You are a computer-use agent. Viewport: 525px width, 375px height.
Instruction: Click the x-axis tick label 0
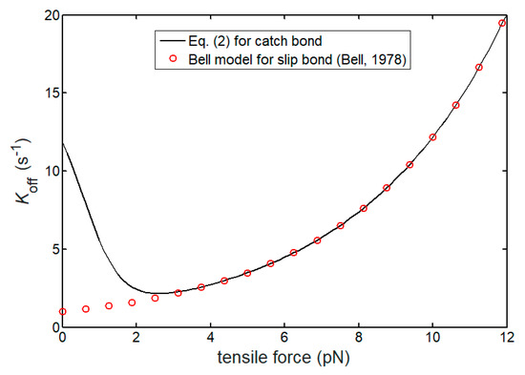pos(62,338)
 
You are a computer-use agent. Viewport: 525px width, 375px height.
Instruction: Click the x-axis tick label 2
pos(136,338)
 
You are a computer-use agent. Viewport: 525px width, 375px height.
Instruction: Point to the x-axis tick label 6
pos(284,338)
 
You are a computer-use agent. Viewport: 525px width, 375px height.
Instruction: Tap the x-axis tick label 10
pos(432,338)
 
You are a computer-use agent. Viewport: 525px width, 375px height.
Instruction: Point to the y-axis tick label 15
pos(47,94)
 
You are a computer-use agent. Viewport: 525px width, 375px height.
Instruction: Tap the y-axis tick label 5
pos(51,249)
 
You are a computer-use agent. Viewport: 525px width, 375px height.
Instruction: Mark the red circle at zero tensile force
pos(62,311)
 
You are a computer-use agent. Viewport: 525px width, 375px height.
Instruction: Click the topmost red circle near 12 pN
pos(502,23)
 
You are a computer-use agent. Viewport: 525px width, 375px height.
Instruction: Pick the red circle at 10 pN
pos(432,137)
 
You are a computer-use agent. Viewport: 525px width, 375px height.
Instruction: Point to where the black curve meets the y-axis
pos(62,143)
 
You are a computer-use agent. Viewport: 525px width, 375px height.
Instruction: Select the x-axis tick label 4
pos(210,338)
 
